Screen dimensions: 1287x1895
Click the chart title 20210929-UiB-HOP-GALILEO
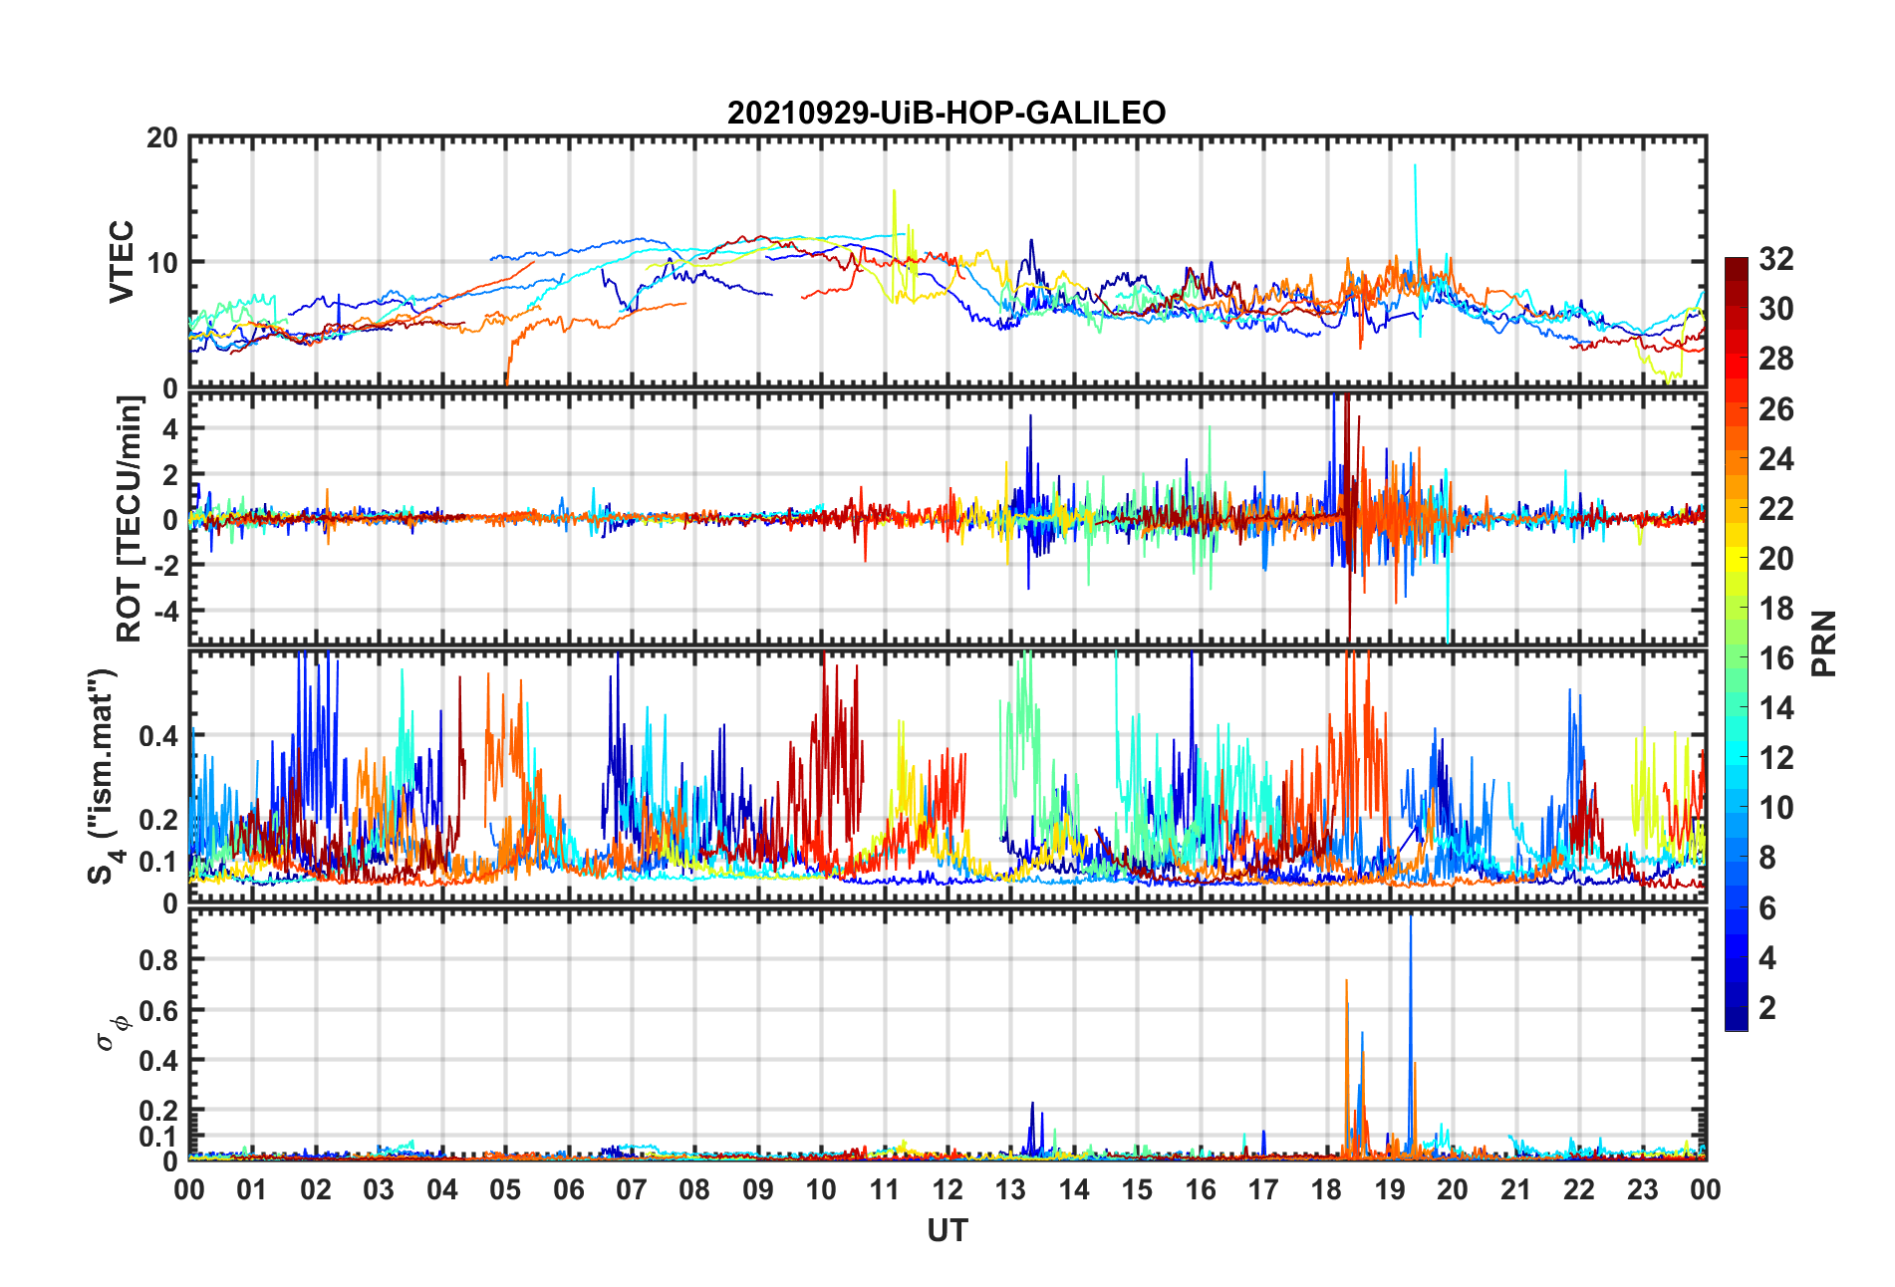[x=947, y=113]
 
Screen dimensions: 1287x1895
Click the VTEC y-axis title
[x=122, y=262]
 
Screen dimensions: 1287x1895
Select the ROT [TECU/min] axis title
[x=130, y=518]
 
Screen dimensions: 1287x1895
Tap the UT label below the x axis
[x=947, y=1231]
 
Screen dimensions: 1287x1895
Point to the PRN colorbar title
[x=1824, y=643]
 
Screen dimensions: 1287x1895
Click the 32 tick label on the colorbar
[x=1776, y=259]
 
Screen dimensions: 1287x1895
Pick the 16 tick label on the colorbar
[x=1776, y=658]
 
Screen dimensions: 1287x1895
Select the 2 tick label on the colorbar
[x=1767, y=1008]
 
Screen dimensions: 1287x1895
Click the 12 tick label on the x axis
[x=947, y=1189]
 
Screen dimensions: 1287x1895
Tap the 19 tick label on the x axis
[x=1389, y=1189]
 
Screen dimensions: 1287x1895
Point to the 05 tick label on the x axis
[x=504, y=1189]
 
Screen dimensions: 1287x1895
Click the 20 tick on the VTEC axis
[x=162, y=138]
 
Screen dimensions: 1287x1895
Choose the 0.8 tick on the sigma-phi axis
[x=159, y=960]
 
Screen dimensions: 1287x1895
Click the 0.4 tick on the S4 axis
[x=159, y=736]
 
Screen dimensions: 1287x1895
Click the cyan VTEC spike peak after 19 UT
[x=1415, y=167]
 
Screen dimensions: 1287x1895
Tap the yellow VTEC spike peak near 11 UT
[x=894, y=191]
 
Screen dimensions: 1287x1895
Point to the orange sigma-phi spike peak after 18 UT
[x=1346, y=982]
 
